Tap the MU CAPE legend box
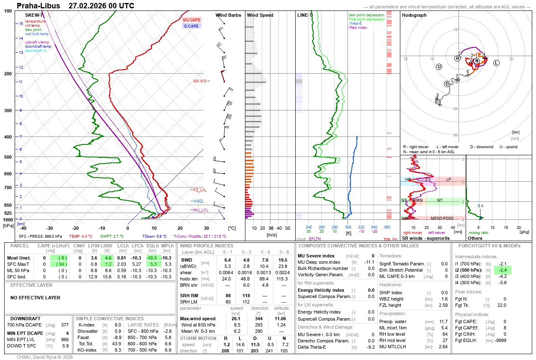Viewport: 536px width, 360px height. (x=191, y=20)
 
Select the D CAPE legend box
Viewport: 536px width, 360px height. (x=191, y=26)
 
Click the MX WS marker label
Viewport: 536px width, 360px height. (x=200, y=81)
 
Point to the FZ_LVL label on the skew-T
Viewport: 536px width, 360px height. (x=200, y=190)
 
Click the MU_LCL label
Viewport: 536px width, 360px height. (x=201, y=210)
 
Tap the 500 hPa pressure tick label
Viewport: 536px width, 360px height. (x=8, y=157)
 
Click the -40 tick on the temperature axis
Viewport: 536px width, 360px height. (x=23, y=228)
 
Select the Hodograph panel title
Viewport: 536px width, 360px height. (x=414, y=15)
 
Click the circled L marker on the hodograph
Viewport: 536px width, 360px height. (x=496, y=63)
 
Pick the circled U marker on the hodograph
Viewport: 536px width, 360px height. (x=439, y=67)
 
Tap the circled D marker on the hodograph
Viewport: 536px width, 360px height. (x=447, y=84)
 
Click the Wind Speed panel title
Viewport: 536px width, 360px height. (x=260, y=15)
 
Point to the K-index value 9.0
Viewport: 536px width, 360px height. (x=118, y=325)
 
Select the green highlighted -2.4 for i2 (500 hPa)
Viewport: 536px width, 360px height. (x=502, y=270)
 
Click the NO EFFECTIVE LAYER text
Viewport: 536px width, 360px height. (x=35, y=298)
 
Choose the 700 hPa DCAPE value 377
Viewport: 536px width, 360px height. (x=64, y=325)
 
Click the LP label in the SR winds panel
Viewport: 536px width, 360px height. (x=448, y=179)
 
